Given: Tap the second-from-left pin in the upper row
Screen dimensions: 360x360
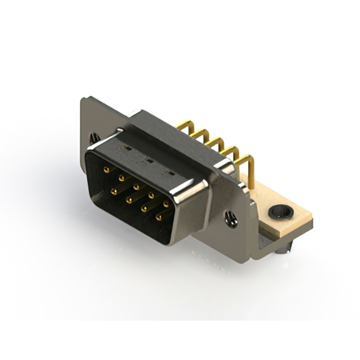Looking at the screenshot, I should (121, 178).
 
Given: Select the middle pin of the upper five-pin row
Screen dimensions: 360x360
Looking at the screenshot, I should (136, 186).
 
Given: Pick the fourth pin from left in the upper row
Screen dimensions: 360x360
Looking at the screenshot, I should (151, 195).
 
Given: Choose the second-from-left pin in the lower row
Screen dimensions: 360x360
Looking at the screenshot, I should (129, 200).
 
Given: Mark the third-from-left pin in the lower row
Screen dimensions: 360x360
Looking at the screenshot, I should (144, 209).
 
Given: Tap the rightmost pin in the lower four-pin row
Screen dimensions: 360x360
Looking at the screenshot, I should (159, 217).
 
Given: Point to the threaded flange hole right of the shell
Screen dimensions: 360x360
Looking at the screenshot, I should (231, 219).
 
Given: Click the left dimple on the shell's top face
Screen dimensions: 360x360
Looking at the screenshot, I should (128, 149).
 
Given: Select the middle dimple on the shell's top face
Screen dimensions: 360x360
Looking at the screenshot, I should (148, 160).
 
